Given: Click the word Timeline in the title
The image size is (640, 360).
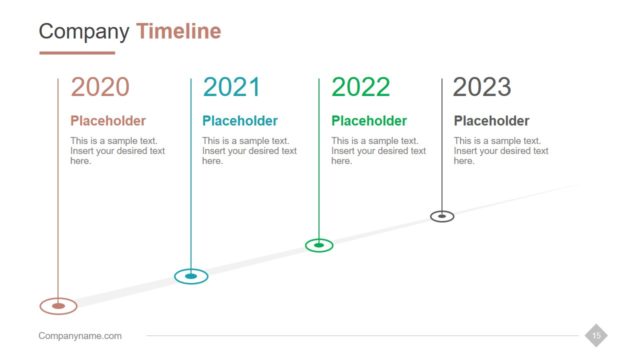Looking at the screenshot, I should (x=178, y=31).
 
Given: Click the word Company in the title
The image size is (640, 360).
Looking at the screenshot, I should (x=84, y=31).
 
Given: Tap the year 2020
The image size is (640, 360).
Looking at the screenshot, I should (x=100, y=87).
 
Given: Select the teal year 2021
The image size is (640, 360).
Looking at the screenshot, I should (x=232, y=87).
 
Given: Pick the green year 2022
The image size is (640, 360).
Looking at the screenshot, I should (x=360, y=87).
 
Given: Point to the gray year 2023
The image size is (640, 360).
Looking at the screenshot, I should (x=482, y=87).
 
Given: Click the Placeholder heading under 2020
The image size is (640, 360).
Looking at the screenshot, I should (x=108, y=121).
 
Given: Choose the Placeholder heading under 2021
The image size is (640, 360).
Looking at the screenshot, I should (x=240, y=121).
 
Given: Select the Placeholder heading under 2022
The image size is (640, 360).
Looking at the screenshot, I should (x=369, y=121).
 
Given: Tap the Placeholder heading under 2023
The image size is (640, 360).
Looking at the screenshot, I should (x=491, y=121).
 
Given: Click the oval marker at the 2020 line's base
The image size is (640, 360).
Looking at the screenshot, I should (x=58, y=305).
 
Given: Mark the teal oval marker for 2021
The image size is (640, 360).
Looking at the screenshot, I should (x=191, y=275).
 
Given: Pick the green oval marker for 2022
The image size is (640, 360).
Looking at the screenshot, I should (x=319, y=244).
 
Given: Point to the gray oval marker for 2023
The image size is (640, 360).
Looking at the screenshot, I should (x=442, y=215).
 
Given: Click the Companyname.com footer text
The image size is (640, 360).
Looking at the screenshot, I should (x=80, y=336).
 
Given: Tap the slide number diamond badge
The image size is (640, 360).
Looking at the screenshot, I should (x=596, y=336).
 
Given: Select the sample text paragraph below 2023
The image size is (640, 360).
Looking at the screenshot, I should (x=501, y=151).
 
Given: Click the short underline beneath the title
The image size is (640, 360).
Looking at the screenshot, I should (x=77, y=53).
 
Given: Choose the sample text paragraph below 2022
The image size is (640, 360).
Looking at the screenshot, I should (x=378, y=151).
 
